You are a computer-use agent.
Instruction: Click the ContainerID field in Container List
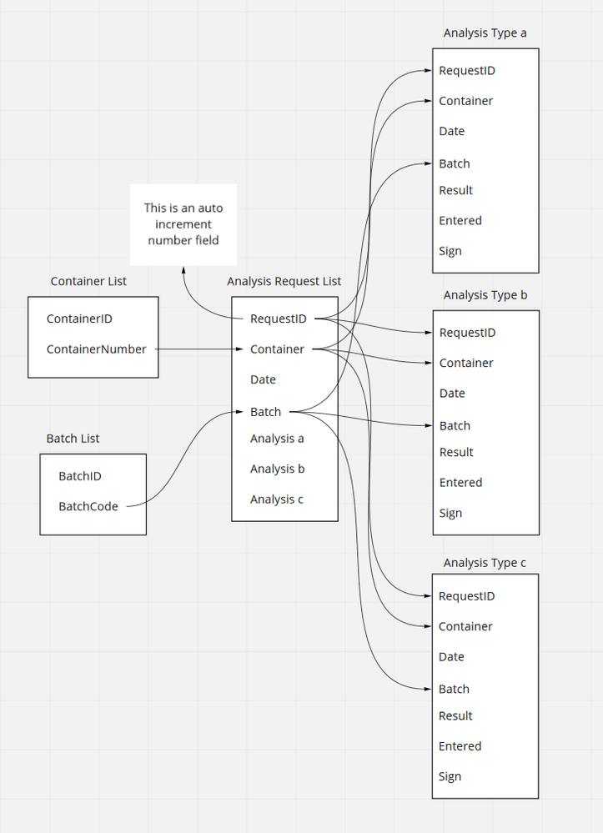(x=79, y=319)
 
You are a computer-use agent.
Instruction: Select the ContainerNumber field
(x=96, y=349)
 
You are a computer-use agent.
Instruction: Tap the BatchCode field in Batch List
(x=88, y=506)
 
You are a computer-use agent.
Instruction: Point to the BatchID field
(x=80, y=476)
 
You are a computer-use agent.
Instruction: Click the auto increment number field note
(x=183, y=224)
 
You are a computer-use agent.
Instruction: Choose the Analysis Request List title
(x=284, y=282)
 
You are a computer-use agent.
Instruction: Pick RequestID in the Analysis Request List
(x=278, y=319)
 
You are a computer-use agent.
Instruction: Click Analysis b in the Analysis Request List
(x=277, y=469)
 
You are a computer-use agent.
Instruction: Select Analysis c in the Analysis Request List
(x=277, y=499)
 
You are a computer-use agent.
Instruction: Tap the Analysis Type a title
(x=485, y=33)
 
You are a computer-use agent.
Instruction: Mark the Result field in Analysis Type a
(x=455, y=190)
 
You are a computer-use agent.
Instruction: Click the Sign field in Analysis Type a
(x=450, y=251)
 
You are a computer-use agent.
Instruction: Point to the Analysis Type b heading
(x=485, y=295)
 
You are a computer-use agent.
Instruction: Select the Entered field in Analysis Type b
(x=460, y=483)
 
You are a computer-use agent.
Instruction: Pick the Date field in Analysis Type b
(x=451, y=394)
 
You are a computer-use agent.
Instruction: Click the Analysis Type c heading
(x=485, y=563)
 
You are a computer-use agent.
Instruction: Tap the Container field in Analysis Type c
(x=465, y=627)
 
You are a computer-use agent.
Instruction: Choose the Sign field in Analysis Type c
(x=450, y=777)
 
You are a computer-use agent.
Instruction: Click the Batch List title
(x=73, y=439)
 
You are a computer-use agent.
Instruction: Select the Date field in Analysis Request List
(x=263, y=379)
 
